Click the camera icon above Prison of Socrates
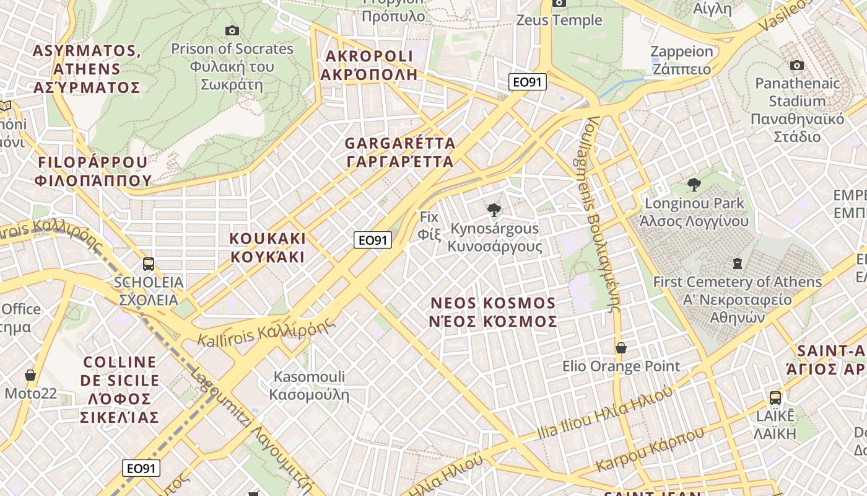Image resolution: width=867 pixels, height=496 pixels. (x=232, y=30)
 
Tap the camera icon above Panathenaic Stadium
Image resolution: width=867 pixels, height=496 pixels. (x=797, y=65)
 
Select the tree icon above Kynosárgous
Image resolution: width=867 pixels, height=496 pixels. (x=494, y=211)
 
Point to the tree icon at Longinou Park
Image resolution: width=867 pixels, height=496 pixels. (x=694, y=184)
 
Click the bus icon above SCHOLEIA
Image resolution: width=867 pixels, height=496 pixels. (x=149, y=264)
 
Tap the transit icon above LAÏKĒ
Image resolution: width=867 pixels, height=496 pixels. (x=775, y=398)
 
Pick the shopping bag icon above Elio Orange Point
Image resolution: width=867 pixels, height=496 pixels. (x=621, y=348)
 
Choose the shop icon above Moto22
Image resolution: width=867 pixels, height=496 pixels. (x=30, y=375)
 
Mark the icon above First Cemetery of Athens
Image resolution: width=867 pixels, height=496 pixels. (x=737, y=264)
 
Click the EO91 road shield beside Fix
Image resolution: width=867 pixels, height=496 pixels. (x=373, y=240)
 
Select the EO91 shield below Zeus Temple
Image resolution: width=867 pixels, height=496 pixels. (x=528, y=82)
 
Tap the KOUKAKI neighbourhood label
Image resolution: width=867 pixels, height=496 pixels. (x=268, y=247)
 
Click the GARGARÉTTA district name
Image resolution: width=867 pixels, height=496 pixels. (x=400, y=153)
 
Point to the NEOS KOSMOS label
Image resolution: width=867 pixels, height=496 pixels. (x=494, y=312)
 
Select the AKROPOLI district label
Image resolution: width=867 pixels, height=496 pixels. (x=369, y=65)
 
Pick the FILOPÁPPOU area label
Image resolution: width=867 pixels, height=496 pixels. (x=93, y=171)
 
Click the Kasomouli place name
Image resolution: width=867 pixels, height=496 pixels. (x=309, y=385)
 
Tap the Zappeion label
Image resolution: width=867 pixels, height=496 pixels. (x=681, y=60)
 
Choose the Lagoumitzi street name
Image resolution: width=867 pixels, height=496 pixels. (x=254, y=428)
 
